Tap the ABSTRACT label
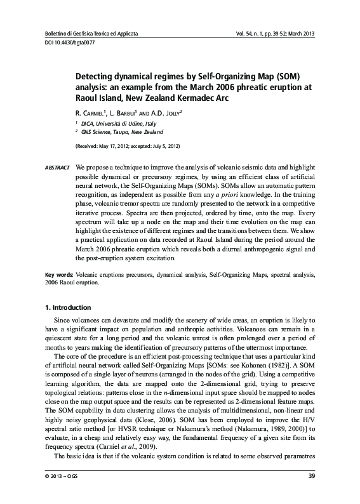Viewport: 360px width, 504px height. pos(57,167)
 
